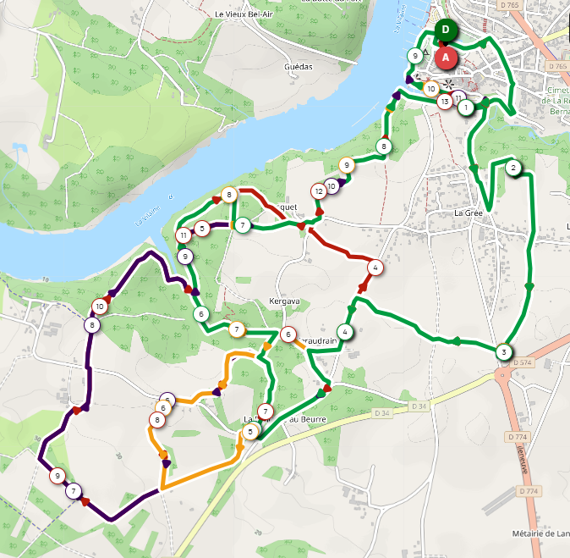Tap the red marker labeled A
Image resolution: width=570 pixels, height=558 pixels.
point(447,58)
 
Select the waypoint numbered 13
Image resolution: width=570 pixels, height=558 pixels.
point(445,102)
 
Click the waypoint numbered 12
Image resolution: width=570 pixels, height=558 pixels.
point(319,191)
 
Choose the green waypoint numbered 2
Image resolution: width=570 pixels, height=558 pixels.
point(513,168)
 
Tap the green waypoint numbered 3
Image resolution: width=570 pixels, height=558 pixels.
point(504,352)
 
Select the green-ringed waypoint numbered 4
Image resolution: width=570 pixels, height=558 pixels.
point(345,331)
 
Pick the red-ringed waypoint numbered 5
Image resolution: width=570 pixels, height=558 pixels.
point(202,228)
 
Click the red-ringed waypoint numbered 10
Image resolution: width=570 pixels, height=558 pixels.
point(101,307)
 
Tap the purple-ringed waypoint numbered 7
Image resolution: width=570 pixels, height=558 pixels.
point(74,490)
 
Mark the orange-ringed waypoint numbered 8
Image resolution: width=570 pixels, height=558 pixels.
point(157,420)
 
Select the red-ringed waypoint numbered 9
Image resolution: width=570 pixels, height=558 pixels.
point(58,475)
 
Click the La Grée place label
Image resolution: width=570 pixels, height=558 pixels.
point(468,213)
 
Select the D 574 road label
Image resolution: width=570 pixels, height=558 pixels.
point(523,362)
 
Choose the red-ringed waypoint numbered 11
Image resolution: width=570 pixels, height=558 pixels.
point(184,235)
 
